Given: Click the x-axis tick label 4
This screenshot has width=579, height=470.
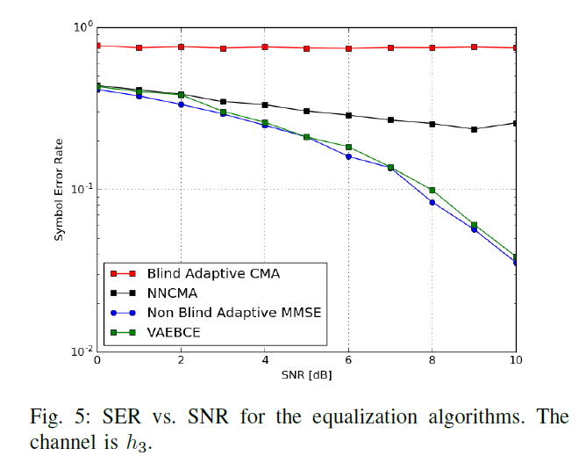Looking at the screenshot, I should tap(264, 361).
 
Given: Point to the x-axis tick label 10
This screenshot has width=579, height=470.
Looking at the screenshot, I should tap(515, 361).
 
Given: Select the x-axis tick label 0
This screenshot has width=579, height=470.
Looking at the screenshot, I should tap(96, 361).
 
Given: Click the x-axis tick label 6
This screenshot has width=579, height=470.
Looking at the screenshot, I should tap(348, 361).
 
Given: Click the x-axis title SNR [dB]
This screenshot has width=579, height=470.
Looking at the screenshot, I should tap(306, 376).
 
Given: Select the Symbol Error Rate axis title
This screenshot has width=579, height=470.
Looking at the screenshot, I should tap(60, 189).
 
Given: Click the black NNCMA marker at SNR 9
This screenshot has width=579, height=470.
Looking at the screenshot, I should tap(474, 129).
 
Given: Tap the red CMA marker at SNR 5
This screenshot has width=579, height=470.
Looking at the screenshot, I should tap(306, 48).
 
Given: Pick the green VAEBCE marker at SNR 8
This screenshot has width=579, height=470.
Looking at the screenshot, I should tap(432, 190).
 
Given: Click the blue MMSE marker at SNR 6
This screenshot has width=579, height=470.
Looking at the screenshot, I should tap(348, 156).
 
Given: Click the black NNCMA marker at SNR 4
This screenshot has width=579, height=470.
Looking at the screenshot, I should tap(264, 105).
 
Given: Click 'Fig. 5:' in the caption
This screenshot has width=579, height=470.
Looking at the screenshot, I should tap(57, 416).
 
